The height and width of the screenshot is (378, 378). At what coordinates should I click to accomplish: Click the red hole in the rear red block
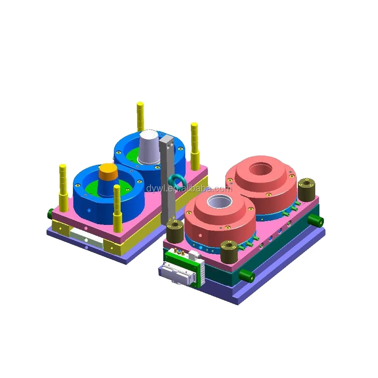click(260, 169)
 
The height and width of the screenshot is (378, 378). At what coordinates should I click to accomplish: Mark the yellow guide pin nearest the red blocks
click(195, 146)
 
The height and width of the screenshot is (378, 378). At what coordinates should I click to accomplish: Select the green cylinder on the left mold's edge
click(50, 214)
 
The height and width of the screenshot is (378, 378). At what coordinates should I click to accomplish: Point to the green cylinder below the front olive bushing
click(248, 276)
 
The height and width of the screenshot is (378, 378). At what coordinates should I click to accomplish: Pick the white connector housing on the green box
click(178, 272)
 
